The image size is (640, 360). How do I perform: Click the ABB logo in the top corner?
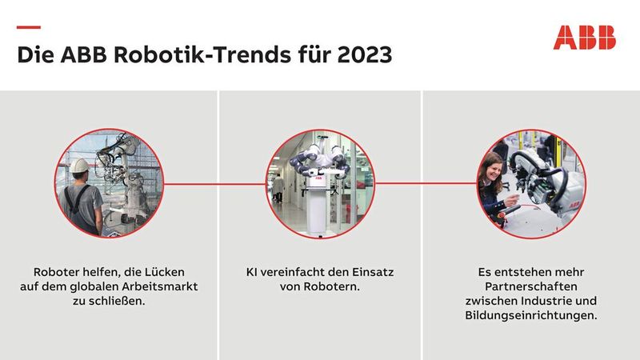584,38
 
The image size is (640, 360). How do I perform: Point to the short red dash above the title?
29,27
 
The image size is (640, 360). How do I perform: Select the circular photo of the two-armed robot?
320,183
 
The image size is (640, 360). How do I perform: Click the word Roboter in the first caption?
60,273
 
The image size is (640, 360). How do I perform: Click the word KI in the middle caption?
253,273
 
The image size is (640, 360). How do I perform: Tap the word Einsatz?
373,273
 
